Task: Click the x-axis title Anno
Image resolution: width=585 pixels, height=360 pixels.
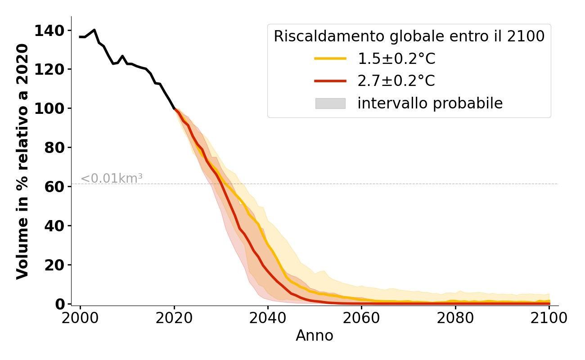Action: click(315, 336)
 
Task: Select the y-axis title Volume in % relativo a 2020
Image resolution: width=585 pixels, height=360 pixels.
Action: click(22, 161)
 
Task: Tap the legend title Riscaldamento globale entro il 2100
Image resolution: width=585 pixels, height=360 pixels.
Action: click(409, 36)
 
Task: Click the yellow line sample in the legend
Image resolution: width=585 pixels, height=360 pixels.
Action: click(330, 58)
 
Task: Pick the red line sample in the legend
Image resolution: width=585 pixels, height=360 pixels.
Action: click(330, 81)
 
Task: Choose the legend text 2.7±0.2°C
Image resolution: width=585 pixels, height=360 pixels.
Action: click(396, 81)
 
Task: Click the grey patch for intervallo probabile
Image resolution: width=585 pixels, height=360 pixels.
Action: click(330, 103)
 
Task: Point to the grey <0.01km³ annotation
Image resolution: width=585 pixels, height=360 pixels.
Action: click(112, 179)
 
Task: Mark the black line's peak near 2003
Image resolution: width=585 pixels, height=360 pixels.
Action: click(94, 30)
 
